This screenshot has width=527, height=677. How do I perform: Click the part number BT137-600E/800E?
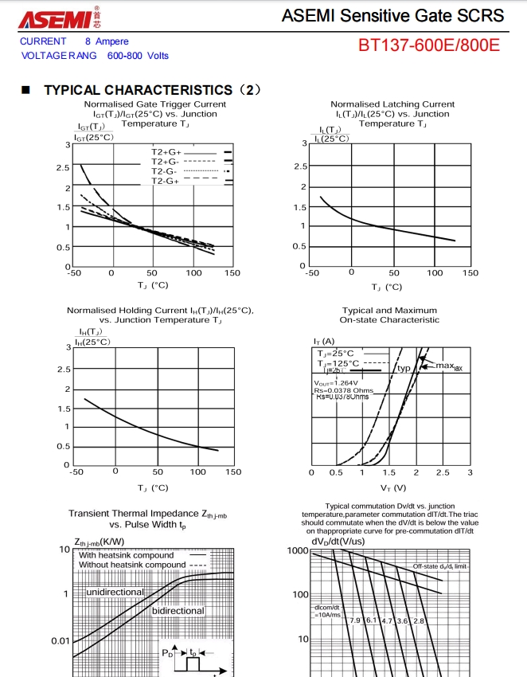429,45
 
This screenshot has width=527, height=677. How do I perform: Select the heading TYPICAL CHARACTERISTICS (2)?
152,90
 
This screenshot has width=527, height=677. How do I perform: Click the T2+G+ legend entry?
166,151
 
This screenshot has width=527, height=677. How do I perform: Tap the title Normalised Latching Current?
392,104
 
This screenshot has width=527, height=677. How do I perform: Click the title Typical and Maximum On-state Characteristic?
389,315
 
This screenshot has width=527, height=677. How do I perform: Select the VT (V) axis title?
392,487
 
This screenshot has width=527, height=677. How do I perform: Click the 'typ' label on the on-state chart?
404,369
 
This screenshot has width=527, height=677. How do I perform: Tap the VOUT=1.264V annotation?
338,382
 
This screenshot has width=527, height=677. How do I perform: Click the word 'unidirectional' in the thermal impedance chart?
115,592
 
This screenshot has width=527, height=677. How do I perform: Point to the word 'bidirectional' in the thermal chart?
178,611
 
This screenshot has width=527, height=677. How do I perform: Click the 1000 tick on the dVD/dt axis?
297,551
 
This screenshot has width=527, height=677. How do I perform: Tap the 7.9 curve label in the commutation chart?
355,620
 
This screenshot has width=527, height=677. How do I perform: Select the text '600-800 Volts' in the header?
138,56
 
